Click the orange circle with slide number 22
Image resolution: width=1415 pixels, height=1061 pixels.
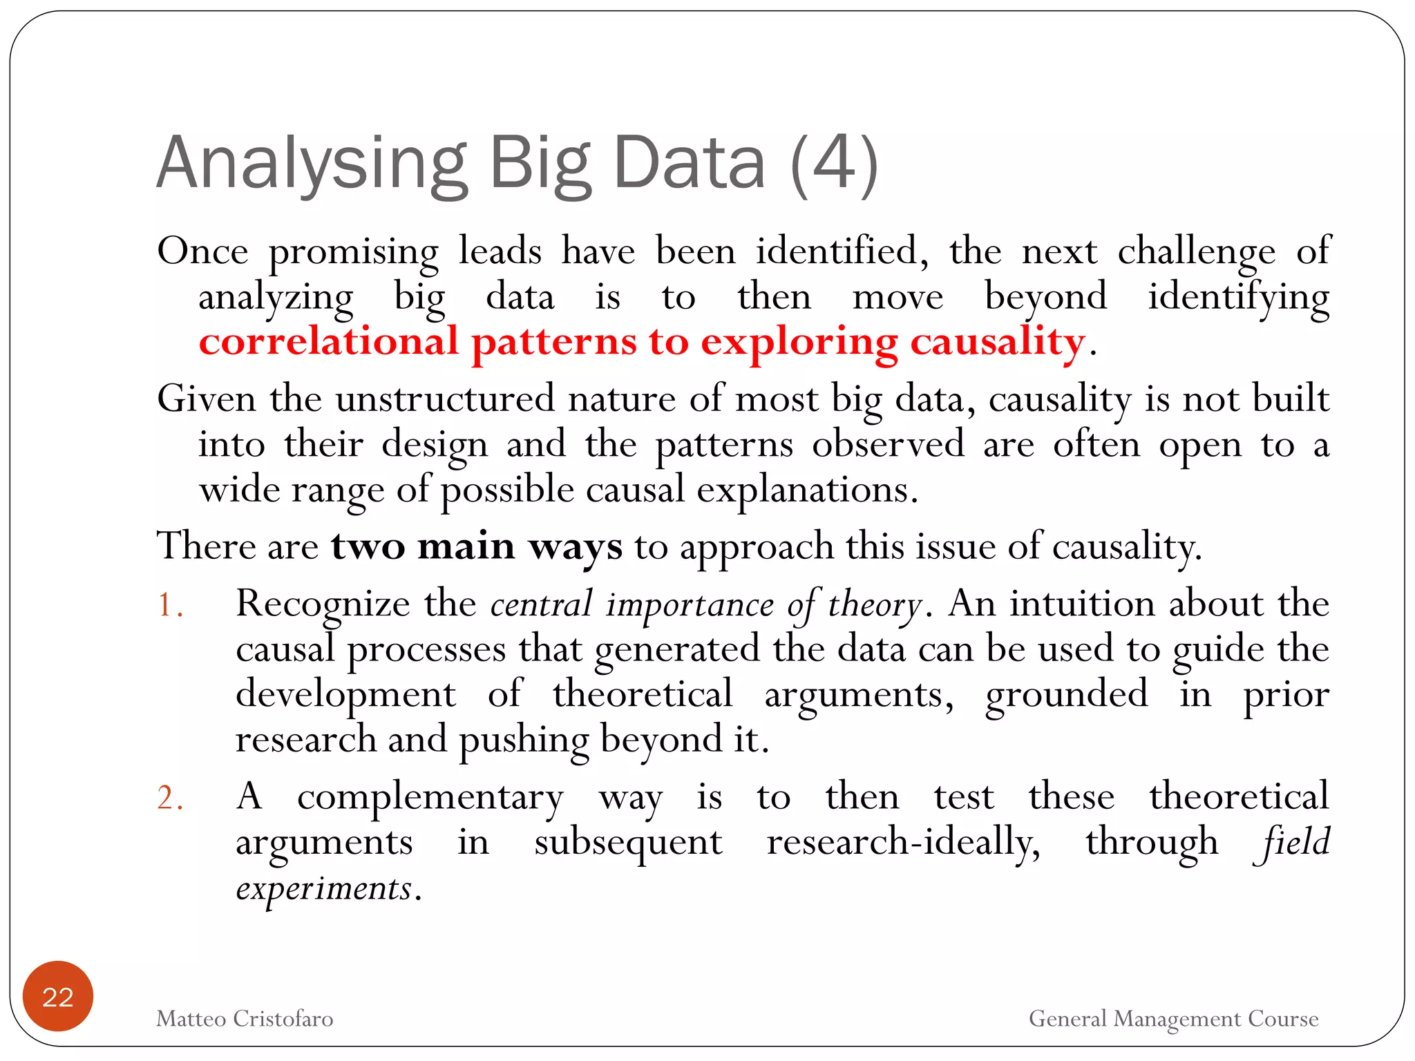click(x=57, y=996)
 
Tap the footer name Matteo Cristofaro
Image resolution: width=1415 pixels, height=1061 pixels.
click(x=245, y=1019)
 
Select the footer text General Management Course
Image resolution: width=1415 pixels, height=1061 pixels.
click(x=1173, y=1019)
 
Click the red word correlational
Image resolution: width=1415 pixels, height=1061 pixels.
click(x=329, y=341)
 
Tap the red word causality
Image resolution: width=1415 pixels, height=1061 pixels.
click(x=997, y=341)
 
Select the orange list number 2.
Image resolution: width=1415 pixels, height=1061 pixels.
click(x=169, y=799)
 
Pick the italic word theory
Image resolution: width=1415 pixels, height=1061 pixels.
click(x=874, y=604)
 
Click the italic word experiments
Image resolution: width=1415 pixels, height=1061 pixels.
click(x=323, y=889)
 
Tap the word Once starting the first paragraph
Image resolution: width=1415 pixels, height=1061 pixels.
click(x=202, y=251)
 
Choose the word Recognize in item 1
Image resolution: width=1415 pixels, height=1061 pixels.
click(x=323, y=604)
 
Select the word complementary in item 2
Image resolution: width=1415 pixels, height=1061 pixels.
click(x=430, y=798)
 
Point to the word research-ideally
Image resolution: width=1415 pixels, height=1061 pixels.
click(x=902, y=843)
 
